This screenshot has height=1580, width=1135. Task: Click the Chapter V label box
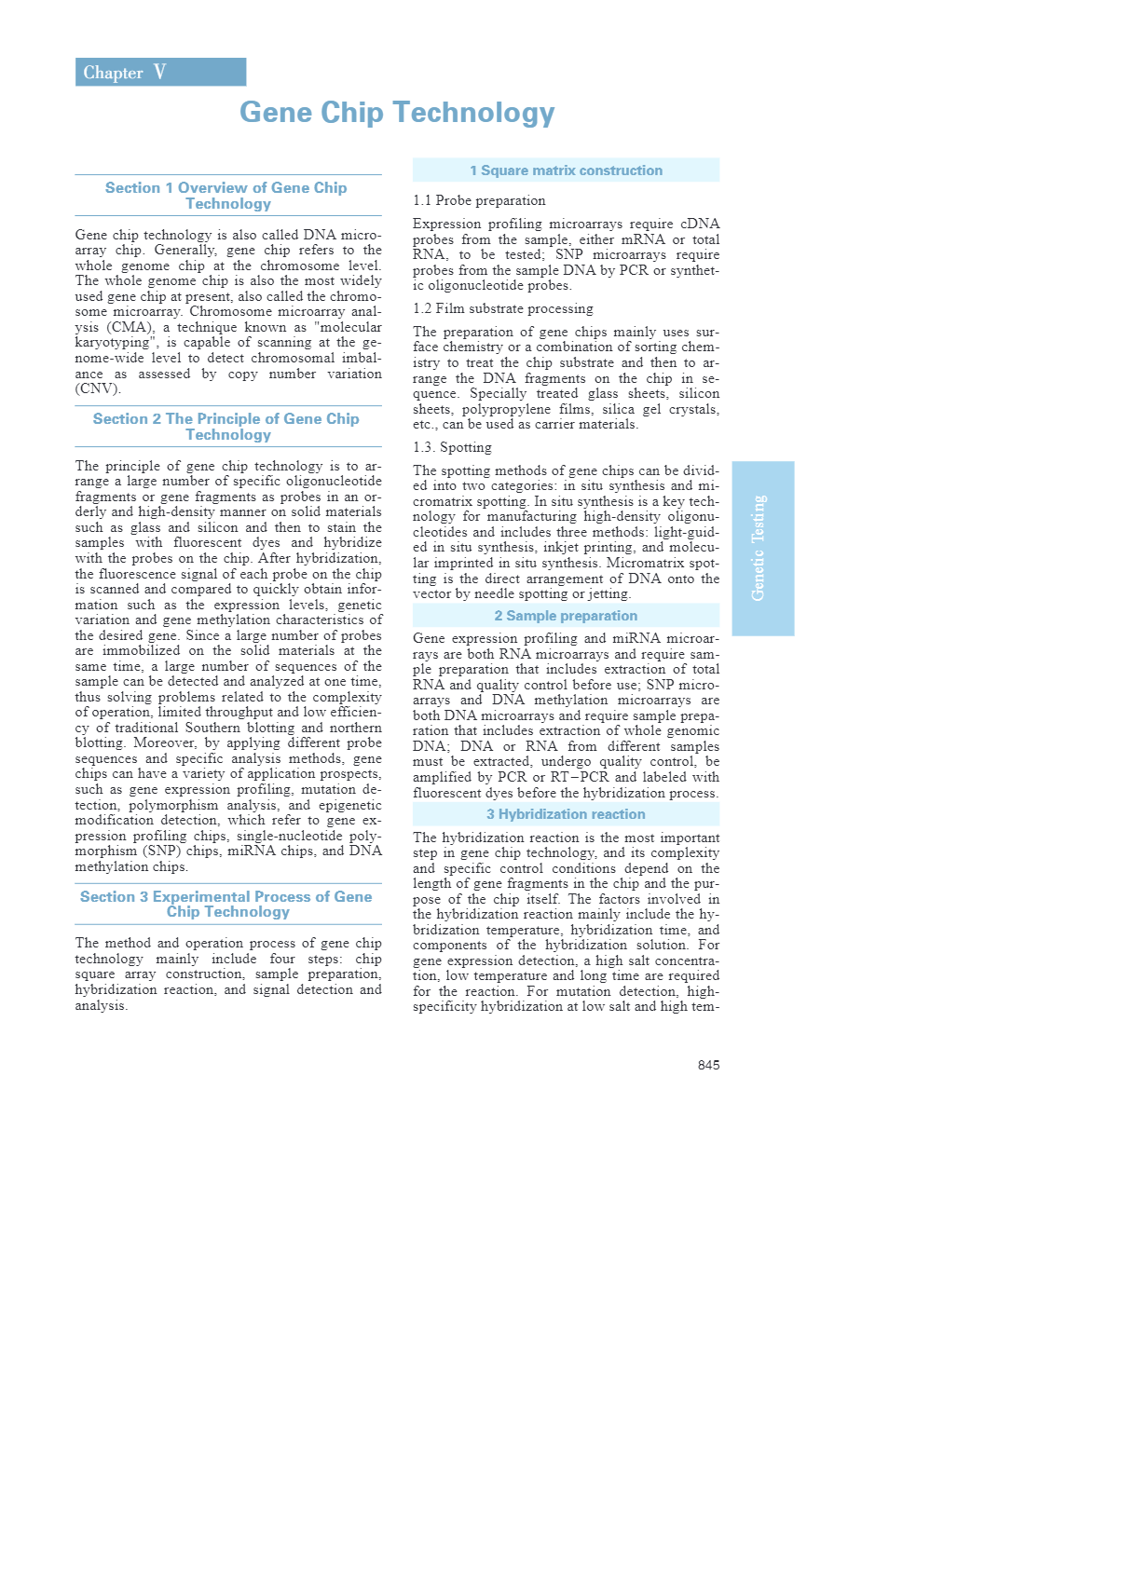click(160, 72)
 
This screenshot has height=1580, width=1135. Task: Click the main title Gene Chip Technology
click(397, 113)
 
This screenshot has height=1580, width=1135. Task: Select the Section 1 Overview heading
click(226, 196)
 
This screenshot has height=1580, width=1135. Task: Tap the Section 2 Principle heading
click(226, 427)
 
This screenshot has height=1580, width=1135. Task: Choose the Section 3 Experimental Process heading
click(226, 904)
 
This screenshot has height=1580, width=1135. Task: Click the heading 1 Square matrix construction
click(566, 170)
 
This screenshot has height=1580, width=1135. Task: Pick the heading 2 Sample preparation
click(566, 616)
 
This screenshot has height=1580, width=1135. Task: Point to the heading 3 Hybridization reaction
click(566, 814)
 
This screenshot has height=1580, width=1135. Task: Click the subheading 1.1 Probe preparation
click(479, 200)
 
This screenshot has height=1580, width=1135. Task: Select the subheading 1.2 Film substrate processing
click(503, 308)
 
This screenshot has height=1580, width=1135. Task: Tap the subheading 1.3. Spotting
click(452, 447)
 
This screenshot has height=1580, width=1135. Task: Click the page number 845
click(708, 1065)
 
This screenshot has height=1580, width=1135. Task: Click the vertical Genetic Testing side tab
click(762, 548)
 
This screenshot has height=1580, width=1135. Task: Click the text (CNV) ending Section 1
click(98, 388)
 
